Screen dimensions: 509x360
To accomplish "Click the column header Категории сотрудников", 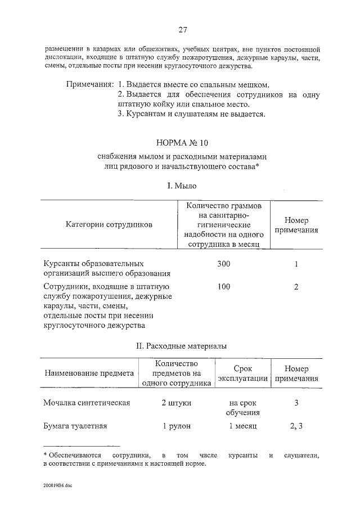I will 109,224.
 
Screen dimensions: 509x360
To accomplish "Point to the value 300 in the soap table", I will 224,264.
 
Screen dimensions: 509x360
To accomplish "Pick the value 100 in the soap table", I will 224,287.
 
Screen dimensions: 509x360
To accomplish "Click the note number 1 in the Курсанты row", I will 296,264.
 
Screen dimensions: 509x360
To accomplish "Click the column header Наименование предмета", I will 89,373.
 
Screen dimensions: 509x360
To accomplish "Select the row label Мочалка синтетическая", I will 87,403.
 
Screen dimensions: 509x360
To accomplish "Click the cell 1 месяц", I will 242,426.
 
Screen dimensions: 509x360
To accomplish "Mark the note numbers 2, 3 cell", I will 296,426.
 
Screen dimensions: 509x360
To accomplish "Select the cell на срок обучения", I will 242,408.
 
